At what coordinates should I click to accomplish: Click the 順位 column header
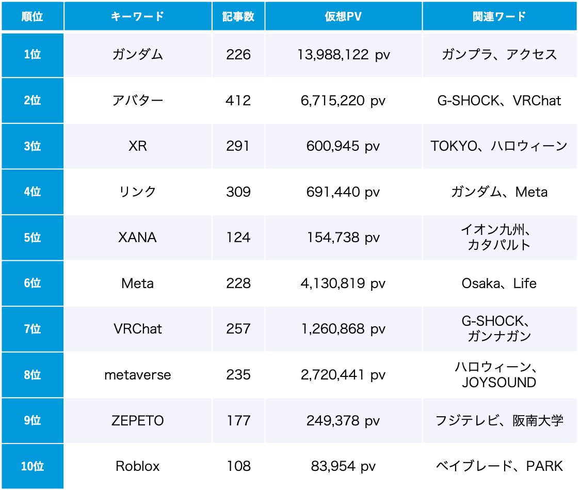[32, 17]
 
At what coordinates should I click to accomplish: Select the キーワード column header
[137, 17]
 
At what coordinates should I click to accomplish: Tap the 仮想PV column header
[343, 17]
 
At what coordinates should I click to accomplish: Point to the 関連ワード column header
[499, 17]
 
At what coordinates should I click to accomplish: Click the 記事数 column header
[238, 17]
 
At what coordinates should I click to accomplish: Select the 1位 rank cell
[32, 55]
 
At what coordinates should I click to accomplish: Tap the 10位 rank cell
[32, 466]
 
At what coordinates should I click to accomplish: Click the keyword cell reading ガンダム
[137, 55]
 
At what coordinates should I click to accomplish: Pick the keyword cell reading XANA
[137, 238]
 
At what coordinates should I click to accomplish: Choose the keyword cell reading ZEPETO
[137, 421]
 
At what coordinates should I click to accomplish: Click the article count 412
[238, 100]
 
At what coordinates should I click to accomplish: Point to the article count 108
[238, 466]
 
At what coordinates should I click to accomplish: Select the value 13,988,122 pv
[343, 55]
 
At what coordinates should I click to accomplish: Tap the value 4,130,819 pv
[343, 283]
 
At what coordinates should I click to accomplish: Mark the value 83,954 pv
[343, 466]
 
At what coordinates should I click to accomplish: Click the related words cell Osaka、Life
[499, 283]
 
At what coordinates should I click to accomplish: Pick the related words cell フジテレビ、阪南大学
[499, 421]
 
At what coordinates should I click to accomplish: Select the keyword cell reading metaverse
[137, 375]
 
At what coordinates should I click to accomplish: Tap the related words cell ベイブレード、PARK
[499, 466]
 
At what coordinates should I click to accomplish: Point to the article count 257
[238, 329]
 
